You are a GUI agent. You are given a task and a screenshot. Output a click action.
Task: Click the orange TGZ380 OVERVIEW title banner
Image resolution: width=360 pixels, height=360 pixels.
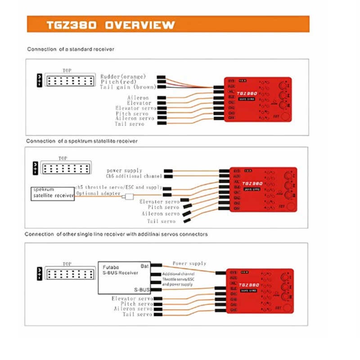pos(168,24)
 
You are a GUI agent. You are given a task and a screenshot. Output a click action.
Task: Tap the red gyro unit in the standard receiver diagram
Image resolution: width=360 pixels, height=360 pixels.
pos(258,99)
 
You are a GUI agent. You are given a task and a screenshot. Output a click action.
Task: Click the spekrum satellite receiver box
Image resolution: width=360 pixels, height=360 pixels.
pos(53,192)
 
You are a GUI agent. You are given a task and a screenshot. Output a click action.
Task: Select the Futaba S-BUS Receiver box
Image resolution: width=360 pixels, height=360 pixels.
pos(124,278)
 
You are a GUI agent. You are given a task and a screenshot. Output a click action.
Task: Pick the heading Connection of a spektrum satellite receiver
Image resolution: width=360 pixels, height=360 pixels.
pos(82,141)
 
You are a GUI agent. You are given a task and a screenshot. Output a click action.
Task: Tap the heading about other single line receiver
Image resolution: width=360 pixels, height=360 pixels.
pos(116,234)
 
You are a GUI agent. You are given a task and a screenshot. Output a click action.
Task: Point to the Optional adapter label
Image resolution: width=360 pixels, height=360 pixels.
pos(99,193)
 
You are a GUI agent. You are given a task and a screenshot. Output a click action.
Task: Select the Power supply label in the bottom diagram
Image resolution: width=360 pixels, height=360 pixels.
pos(189,263)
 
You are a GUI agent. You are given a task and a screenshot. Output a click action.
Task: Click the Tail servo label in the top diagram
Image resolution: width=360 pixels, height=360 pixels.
pos(130,124)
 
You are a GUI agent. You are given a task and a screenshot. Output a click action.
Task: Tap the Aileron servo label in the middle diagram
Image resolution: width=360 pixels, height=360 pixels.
pos(161,214)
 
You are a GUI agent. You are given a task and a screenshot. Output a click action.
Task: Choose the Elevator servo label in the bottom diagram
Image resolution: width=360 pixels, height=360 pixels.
pos(132,299)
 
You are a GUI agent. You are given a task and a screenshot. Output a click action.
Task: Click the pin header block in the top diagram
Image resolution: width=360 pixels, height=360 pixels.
pos(70,81)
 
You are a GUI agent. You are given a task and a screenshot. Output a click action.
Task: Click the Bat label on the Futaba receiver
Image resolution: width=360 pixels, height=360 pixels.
pos(144,266)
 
